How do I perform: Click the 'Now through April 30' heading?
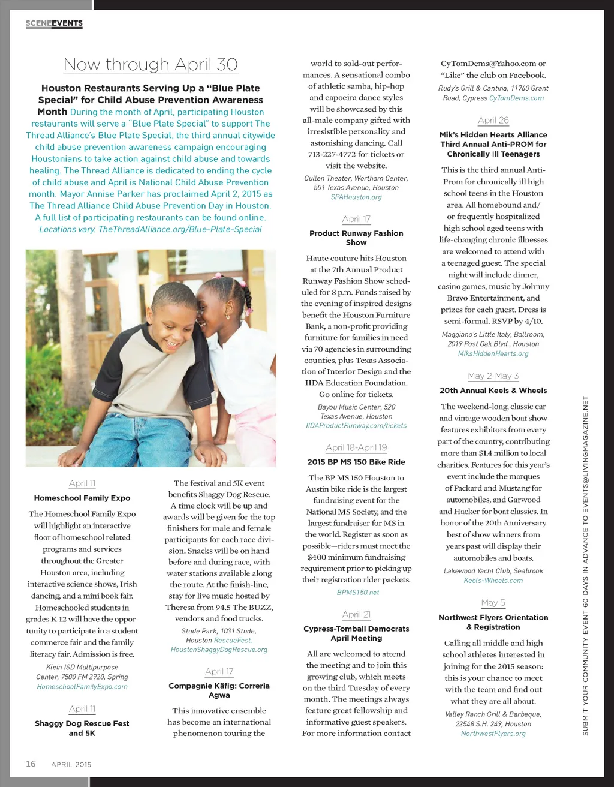pyautogui.click(x=151, y=64)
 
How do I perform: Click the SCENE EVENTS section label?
pyautogui.click(x=54, y=23)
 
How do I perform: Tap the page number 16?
pyautogui.click(x=31, y=764)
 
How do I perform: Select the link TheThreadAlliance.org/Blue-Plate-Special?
pyautogui.click(x=180, y=229)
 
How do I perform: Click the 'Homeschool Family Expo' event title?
pyautogui.click(x=82, y=498)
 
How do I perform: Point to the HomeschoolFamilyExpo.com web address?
pyautogui.click(x=82, y=686)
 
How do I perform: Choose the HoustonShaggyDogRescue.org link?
pyautogui.click(x=219, y=650)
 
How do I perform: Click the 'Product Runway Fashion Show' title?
pyautogui.click(x=356, y=238)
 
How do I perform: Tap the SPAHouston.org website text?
pyautogui.click(x=356, y=197)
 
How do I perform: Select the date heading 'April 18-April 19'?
pyautogui.click(x=356, y=447)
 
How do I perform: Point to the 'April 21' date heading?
pyautogui.click(x=356, y=614)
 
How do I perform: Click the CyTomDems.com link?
pyautogui.click(x=516, y=98)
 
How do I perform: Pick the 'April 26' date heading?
pyautogui.click(x=493, y=120)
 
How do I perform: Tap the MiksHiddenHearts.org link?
pyautogui.click(x=493, y=353)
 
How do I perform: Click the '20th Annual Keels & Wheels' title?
pyautogui.click(x=493, y=390)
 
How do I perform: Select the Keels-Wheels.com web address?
pyautogui.click(x=493, y=580)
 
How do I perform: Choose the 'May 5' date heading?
pyautogui.click(x=493, y=602)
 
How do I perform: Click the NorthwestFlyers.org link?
pyautogui.click(x=493, y=733)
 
